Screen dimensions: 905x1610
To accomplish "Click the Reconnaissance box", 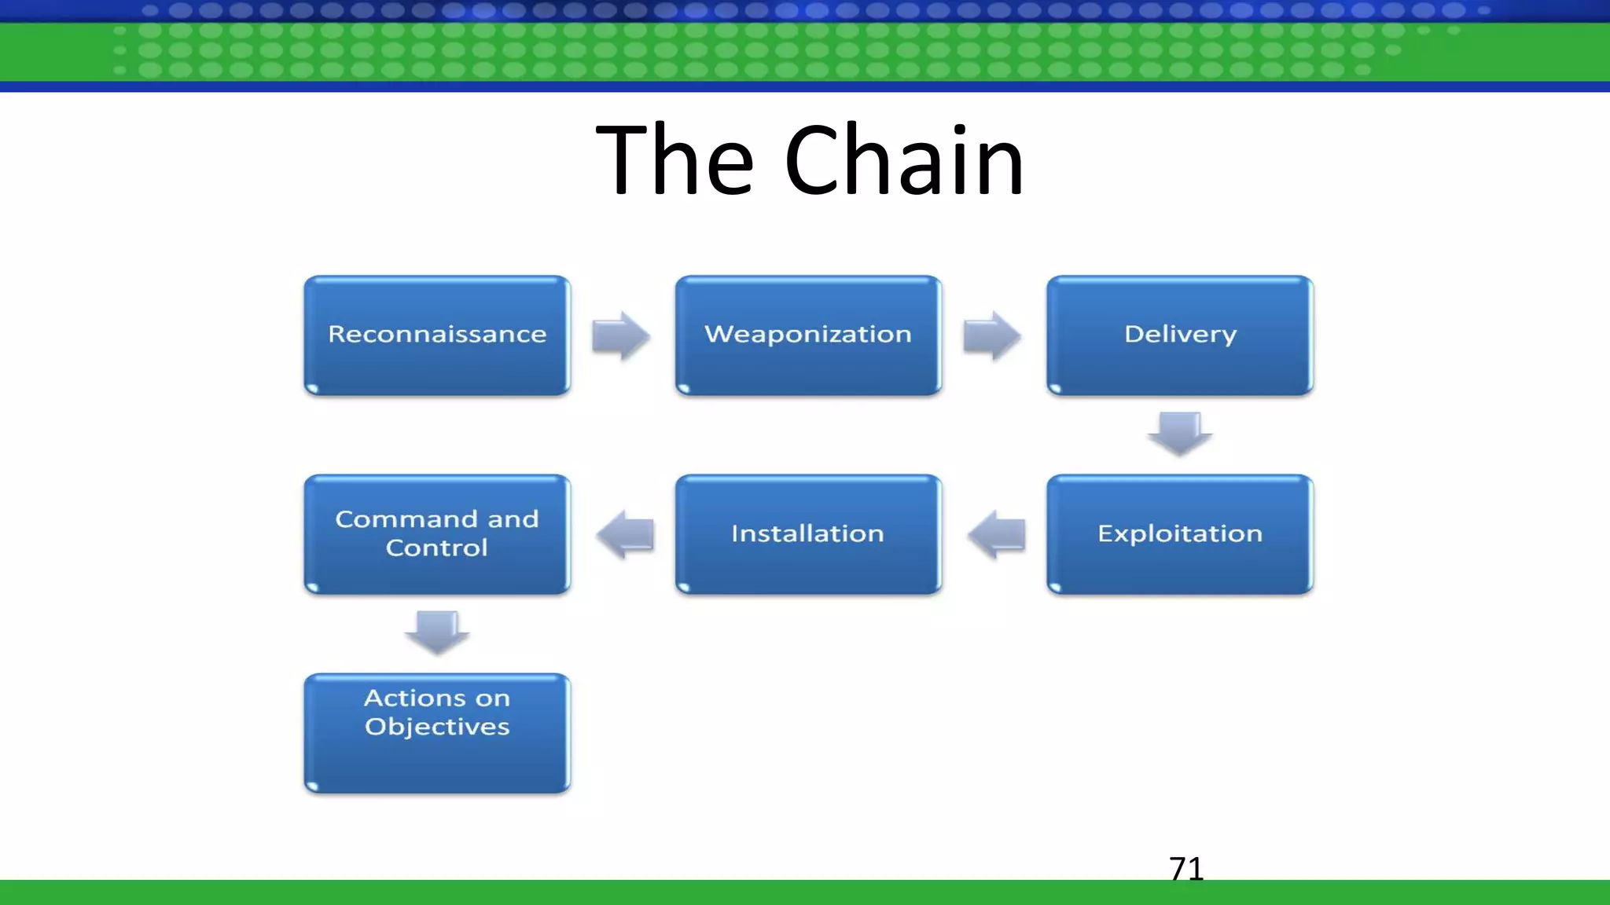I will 437,335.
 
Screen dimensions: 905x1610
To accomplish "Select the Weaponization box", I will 808,335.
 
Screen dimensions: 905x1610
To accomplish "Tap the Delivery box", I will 1179,335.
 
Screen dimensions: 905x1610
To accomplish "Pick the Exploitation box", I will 1179,534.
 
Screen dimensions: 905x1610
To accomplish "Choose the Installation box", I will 808,534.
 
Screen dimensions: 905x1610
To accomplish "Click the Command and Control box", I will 437,534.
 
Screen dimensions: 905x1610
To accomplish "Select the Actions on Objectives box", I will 437,733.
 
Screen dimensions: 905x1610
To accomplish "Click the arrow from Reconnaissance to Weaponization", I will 621,335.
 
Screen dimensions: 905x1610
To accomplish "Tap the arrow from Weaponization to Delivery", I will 992,335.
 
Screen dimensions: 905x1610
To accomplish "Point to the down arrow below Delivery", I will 1179,434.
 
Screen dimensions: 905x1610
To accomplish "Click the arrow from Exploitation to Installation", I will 997,534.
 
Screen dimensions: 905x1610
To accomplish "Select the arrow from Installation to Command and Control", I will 626,534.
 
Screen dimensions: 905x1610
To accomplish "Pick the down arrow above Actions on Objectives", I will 437,632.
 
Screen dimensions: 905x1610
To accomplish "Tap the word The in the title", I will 675,161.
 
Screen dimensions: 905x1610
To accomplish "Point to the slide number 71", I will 1186,869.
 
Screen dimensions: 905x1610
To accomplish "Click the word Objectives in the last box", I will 437,727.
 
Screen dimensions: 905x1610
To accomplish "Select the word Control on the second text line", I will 437,548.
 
